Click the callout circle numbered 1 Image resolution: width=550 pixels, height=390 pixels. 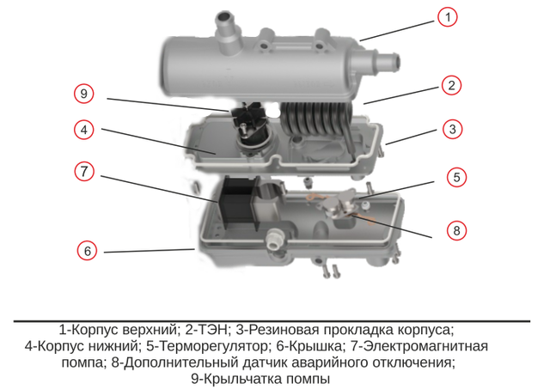[447, 17]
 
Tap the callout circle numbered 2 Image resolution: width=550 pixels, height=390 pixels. [451, 86]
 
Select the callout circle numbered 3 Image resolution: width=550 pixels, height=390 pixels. [452, 129]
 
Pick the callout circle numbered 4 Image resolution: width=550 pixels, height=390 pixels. [84, 130]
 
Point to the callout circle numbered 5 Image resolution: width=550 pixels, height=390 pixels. [456, 177]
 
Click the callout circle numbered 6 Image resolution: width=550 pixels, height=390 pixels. [87, 251]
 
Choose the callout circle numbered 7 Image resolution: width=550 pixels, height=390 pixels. [84, 171]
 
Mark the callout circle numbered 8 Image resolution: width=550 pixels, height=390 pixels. [456, 230]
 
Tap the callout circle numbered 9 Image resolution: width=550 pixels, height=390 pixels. [83, 94]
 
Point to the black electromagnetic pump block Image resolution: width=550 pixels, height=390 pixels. [239, 204]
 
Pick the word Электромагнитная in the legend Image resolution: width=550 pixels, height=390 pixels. [425, 346]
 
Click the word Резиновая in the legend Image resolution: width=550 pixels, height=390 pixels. [284, 330]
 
